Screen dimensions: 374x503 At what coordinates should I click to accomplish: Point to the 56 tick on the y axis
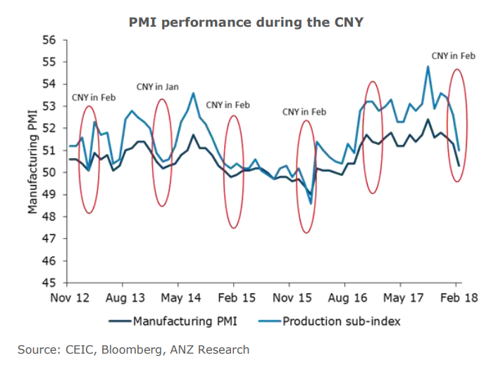click(52, 40)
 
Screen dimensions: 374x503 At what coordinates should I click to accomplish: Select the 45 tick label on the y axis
click(52, 283)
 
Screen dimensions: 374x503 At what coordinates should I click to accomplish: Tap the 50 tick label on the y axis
click(52, 173)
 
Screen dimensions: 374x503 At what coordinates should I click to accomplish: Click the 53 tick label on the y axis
click(52, 106)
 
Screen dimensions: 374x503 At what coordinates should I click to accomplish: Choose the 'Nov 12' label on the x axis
click(71, 297)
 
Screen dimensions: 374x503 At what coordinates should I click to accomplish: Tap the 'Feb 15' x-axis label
click(236, 297)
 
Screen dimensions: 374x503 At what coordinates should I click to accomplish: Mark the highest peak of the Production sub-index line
click(428, 67)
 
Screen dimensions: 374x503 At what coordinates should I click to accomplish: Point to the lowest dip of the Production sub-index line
click(311, 203)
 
